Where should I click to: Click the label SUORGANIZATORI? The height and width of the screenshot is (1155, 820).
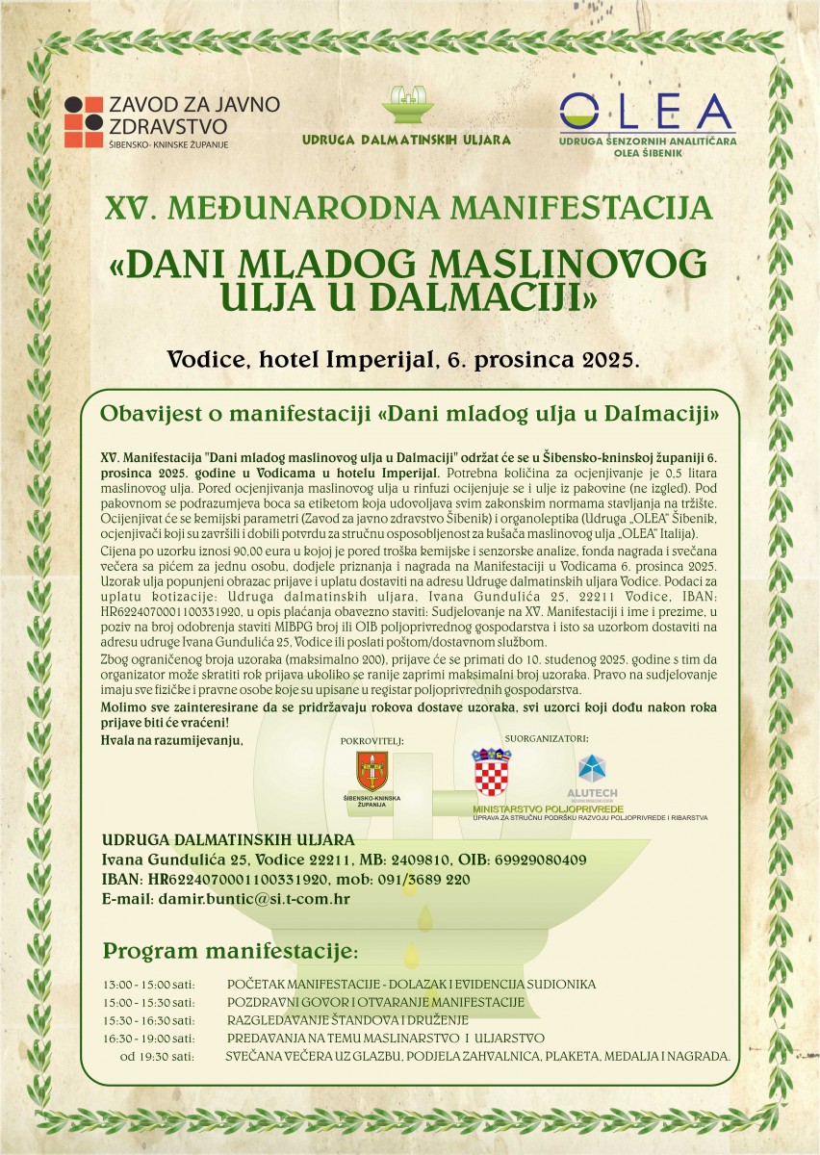[546, 738]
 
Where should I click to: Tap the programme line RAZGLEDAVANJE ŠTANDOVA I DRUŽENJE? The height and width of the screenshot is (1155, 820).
[347, 1020]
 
